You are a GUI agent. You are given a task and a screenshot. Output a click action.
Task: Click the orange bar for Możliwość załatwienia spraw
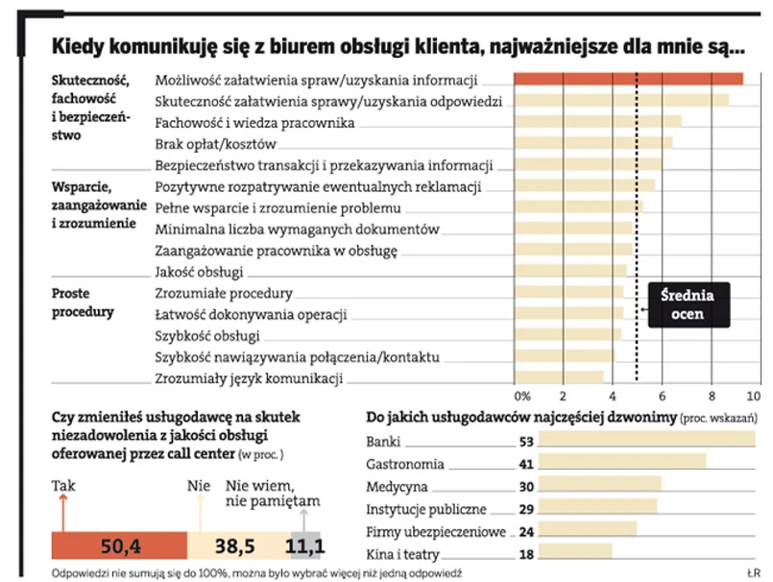[x=629, y=79]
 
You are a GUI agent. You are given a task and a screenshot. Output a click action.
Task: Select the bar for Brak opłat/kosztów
[x=593, y=143]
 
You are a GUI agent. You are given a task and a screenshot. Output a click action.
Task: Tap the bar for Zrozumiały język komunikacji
[x=560, y=377]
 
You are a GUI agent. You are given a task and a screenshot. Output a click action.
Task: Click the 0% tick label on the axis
[x=523, y=396]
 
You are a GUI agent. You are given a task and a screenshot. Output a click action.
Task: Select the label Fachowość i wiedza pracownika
[x=254, y=123]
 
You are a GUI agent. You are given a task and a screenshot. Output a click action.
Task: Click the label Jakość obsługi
[x=199, y=272]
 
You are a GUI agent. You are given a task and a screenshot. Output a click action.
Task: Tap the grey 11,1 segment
[x=306, y=546]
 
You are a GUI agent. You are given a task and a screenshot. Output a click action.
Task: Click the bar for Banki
[x=646, y=442]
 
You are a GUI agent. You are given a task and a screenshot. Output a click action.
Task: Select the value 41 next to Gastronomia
[x=524, y=464]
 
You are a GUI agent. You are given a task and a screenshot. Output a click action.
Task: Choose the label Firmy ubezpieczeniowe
[x=425, y=531]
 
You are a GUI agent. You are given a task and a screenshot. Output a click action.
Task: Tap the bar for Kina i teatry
[x=575, y=553]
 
